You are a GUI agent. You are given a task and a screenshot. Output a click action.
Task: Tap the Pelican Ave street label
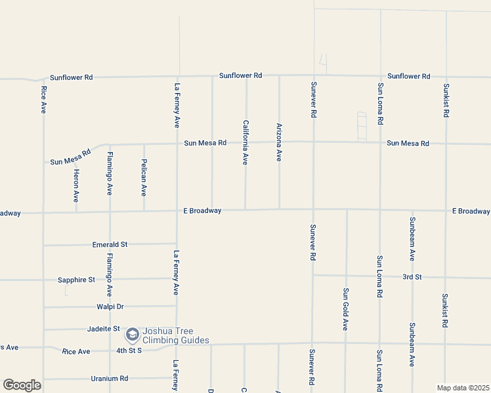click(x=144, y=178)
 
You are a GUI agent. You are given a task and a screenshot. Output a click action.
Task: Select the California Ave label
click(x=245, y=142)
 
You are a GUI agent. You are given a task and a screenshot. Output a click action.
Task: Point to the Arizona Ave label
click(x=279, y=142)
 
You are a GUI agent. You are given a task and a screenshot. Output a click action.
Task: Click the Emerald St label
click(x=110, y=244)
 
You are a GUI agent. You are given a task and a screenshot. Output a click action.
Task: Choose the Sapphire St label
click(x=76, y=280)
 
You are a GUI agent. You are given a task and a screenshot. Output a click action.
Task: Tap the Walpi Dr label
click(x=110, y=306)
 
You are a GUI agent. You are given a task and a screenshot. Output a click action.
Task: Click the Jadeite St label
click(x=104, y=328)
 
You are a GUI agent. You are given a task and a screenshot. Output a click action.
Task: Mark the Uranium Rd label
click(x=109, y=379)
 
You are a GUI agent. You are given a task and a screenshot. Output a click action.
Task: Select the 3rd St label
click(x=412, y=276)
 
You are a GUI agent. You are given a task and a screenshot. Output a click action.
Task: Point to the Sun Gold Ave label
click(x=345, y=309)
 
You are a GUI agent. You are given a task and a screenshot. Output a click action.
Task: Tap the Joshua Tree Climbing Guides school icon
click(x=132, y=335)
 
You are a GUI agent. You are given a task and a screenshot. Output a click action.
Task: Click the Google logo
click(x=22, y=385)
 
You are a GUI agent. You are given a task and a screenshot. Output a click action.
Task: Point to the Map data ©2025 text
click(x=463, y=388)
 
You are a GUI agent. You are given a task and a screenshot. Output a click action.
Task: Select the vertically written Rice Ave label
click(x=43, y=100)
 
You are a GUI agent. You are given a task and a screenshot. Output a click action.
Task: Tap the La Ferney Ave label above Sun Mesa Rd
click(x=177, y=105)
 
